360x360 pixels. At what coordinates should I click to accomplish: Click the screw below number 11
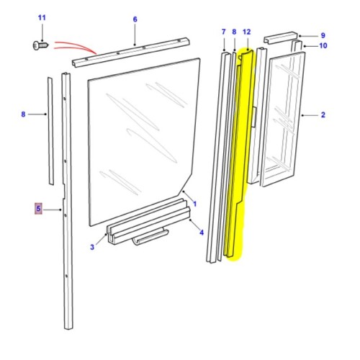point(40,45)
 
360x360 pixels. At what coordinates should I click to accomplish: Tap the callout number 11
point(41,17)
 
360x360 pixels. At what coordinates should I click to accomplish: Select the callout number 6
point(134,20)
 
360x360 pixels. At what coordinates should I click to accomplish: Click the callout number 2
point(323,114)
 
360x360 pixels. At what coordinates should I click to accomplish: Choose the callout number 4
point(201,232)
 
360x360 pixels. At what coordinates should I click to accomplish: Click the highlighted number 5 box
point(39,209)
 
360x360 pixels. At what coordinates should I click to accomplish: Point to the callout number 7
point(223,32)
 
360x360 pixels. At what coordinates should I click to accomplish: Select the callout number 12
point(246,32)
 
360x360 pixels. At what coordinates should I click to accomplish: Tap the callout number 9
point(323,35)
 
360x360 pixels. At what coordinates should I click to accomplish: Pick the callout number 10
point(323,46)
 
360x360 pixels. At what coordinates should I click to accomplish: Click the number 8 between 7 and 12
point(234,32)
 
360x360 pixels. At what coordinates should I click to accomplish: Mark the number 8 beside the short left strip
point(23,114)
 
